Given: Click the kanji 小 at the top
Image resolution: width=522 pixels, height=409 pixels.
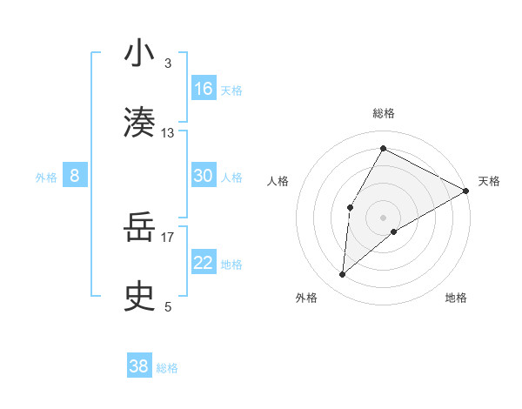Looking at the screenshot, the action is coord(139,53).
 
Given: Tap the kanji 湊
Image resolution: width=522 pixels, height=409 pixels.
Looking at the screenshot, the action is coord(139,121).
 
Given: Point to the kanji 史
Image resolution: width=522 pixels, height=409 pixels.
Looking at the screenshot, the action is coord(139,296).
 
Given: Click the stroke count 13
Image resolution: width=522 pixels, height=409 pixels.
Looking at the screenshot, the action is coord(168,133).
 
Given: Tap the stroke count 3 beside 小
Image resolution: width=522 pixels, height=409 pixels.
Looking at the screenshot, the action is coord(168,64).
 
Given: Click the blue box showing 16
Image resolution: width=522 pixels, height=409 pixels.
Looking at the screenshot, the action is coord(204,89).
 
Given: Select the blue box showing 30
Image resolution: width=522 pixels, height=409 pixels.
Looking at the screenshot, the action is coord(204,176).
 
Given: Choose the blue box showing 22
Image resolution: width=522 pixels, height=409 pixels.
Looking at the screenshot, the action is coord(204,263).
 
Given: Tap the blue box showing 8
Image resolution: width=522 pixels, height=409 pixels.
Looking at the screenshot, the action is coord(75,176).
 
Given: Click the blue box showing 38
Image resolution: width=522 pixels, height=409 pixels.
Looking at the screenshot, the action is coord(139,366).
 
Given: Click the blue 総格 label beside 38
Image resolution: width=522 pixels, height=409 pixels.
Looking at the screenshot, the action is coord(168,368).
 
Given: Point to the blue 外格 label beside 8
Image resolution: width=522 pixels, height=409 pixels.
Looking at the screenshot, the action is coord(46,178).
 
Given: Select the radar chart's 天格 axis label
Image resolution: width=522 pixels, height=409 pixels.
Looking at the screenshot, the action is coord(489,181).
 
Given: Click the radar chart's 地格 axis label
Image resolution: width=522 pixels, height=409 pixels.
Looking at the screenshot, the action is coord(456,298).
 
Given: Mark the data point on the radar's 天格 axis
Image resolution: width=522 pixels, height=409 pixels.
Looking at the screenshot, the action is coord(466,191).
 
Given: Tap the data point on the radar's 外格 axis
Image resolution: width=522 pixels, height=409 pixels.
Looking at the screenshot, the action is coord(343,275).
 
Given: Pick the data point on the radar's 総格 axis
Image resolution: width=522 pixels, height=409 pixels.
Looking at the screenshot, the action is coord(383,148).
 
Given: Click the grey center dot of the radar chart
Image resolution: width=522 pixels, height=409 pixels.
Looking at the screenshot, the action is coord(383,217).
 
